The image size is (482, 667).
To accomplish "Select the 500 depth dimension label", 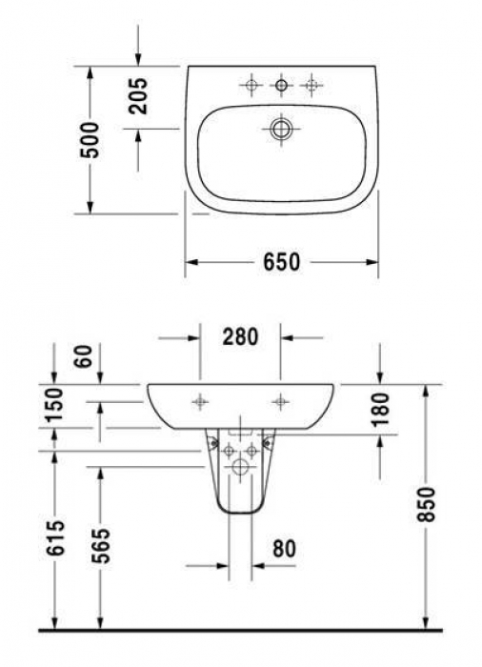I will tap(90, 141).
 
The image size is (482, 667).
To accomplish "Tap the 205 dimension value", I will tap(139, 96).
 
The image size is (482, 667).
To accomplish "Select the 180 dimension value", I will tap(380, 409).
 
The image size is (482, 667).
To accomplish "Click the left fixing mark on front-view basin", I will tap(199, 401).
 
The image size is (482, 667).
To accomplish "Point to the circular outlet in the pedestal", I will tap(239, 467).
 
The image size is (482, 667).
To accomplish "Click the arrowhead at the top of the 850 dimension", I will tap(426, 389).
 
